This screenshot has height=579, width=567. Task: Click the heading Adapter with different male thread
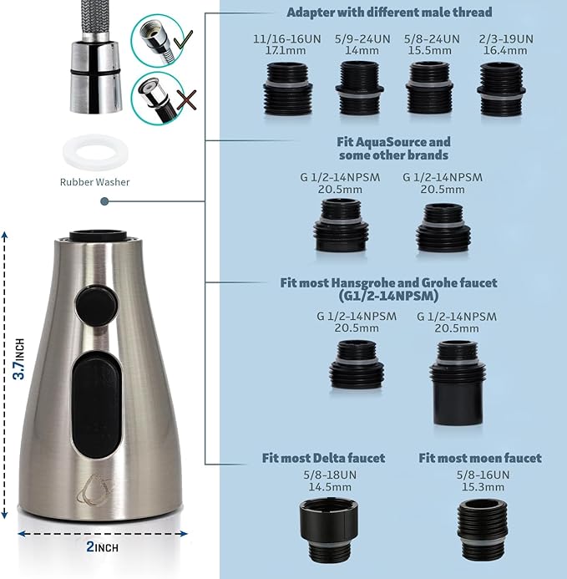pos(389,13)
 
